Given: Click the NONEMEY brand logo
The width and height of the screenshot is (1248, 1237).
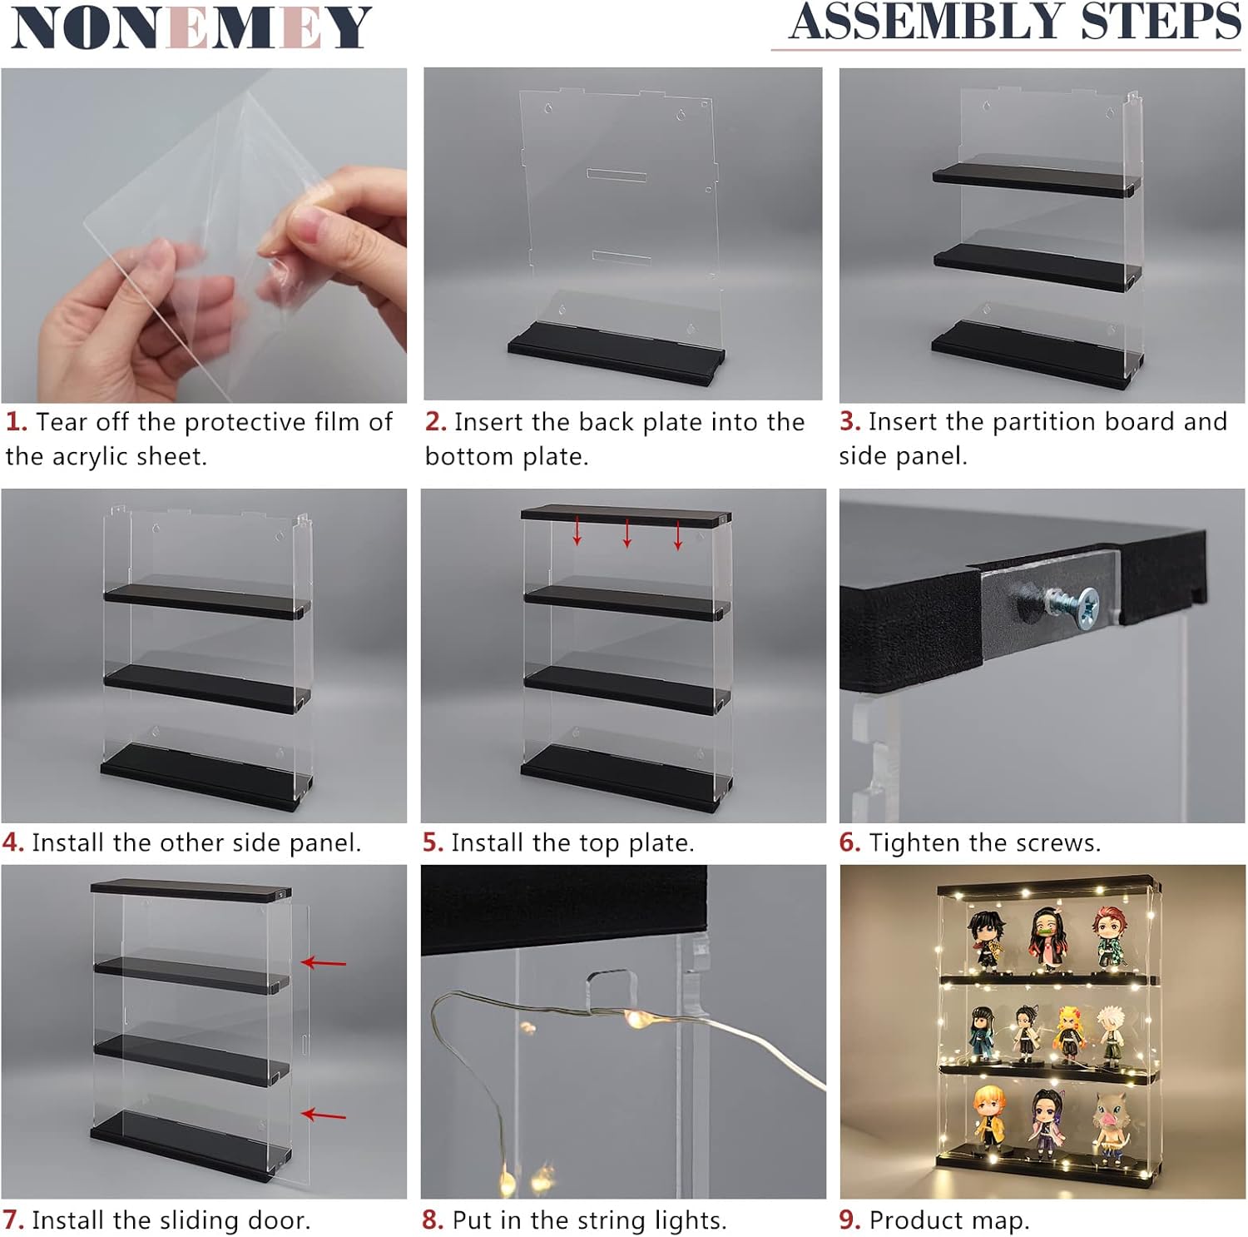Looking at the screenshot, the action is pos(191,27).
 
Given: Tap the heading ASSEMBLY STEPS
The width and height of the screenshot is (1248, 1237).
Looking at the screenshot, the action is pos(1015,22).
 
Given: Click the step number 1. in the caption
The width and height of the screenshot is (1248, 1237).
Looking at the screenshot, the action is pos(17,422).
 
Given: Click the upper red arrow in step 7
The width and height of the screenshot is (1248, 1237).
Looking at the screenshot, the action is pos(323,963).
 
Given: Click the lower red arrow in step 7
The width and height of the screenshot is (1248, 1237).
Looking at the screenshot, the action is pos(323,1115).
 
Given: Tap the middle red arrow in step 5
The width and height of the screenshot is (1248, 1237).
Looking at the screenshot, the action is pos(627,533).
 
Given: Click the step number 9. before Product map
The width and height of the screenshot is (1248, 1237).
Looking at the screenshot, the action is pos(849,1220).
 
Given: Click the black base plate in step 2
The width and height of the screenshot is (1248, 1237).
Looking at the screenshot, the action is pos(616,355).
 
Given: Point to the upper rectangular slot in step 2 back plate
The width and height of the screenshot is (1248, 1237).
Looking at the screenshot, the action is pos(617,175).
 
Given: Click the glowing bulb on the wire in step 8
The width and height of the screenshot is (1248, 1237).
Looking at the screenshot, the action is pos(636,1017).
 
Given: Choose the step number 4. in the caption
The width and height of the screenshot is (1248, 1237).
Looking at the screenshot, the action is pos(13,843).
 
